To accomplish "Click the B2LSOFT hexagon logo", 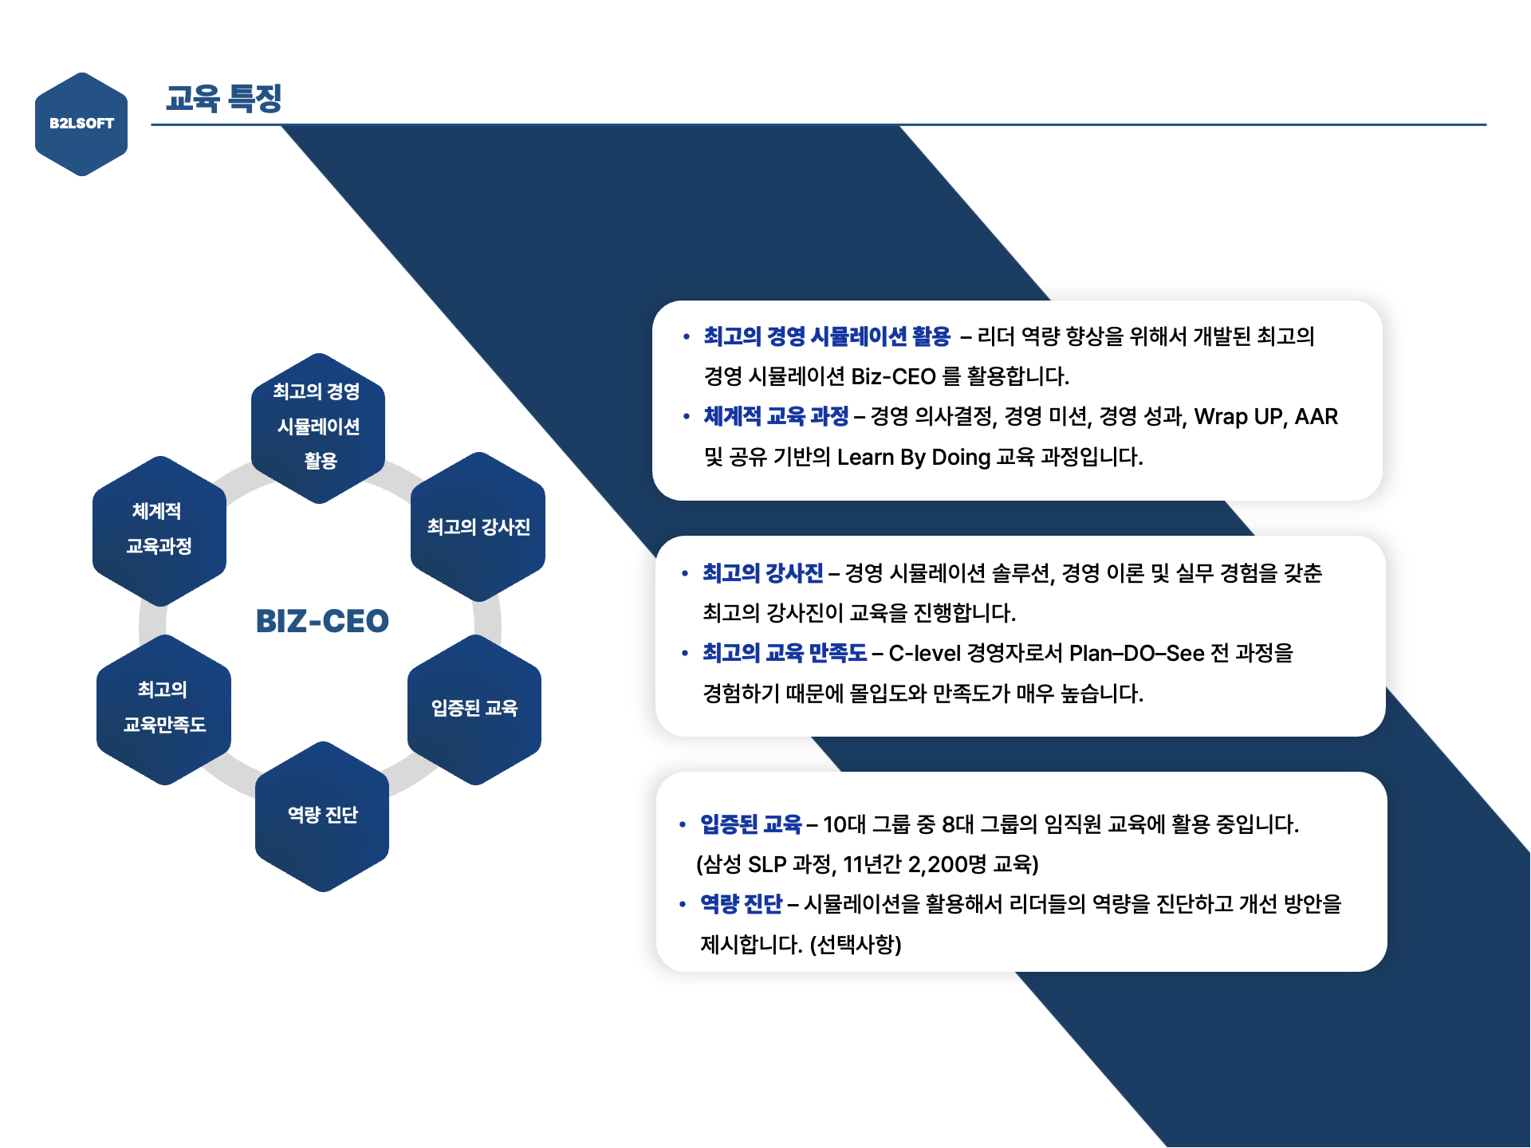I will point(81,124).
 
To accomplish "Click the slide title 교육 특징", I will point(224,98).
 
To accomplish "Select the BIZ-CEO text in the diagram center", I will point(322,621).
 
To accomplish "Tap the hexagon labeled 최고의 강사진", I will point(478,527).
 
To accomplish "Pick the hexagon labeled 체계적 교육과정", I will point(159,530).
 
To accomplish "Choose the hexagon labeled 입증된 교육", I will point(474,709).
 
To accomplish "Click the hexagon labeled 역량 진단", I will point(322,816).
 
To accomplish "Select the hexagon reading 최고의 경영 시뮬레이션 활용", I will point(318,427).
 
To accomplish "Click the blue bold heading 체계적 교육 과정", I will point(776,416).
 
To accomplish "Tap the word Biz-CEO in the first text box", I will point(893,376).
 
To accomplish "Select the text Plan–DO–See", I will point(1136,653).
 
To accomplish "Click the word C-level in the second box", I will point(924,653).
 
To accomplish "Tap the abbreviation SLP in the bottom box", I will point(767,864).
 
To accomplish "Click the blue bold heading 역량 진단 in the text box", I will point(741,904).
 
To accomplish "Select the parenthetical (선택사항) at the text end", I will point(856,945).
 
